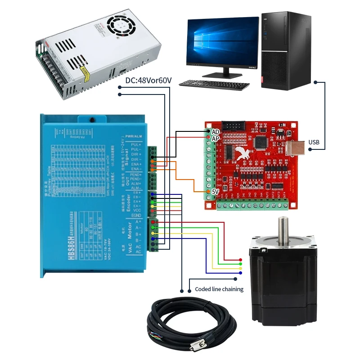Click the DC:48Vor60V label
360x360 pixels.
coord(148,81)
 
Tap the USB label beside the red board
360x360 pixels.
coord(314,143)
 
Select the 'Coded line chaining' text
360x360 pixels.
coord(219,289)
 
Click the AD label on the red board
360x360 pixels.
coord(216,131)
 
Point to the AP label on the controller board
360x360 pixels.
coord(216,139)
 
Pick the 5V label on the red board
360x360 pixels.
coord(216,191)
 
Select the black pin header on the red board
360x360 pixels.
coord(234,126)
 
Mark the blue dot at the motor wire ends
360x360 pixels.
coord(240,273)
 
